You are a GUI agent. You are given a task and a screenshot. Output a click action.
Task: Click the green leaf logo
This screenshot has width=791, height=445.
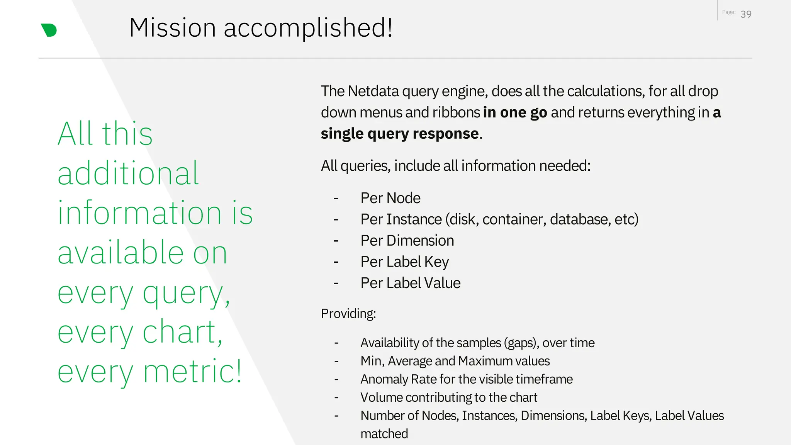[49, 30]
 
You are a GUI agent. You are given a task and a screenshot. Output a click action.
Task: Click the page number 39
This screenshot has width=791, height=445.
[746, 14]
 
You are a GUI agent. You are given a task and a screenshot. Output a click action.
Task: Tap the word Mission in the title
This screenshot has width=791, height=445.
[172, 28]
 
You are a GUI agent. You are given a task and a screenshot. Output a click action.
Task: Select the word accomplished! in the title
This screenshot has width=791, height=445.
[308, 28]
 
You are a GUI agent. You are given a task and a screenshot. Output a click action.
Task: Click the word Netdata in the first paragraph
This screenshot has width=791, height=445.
[373, 91]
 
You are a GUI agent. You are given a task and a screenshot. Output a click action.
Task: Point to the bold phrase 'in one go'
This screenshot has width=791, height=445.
[515, 112]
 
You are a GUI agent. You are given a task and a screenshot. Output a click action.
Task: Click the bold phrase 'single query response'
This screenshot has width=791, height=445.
[400, 134]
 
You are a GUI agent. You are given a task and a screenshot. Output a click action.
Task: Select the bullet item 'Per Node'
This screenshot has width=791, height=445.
[390, 198]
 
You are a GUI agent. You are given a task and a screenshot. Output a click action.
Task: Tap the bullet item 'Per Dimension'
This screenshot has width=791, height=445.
[407, 241]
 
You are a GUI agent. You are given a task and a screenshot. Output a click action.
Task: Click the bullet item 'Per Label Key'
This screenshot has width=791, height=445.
[404, 262]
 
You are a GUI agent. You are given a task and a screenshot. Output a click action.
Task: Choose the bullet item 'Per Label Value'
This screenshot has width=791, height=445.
[410, 283]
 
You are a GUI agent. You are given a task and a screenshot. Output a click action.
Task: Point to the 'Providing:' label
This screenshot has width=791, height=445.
[348, 314]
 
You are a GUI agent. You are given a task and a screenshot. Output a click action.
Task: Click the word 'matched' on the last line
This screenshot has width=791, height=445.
[384, 434]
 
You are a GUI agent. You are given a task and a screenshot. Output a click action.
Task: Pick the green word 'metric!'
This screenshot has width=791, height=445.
[192, 372]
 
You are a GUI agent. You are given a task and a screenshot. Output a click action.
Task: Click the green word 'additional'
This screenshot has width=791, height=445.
[128, 173]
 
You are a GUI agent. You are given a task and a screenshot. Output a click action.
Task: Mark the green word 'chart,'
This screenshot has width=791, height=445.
[182, 332]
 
